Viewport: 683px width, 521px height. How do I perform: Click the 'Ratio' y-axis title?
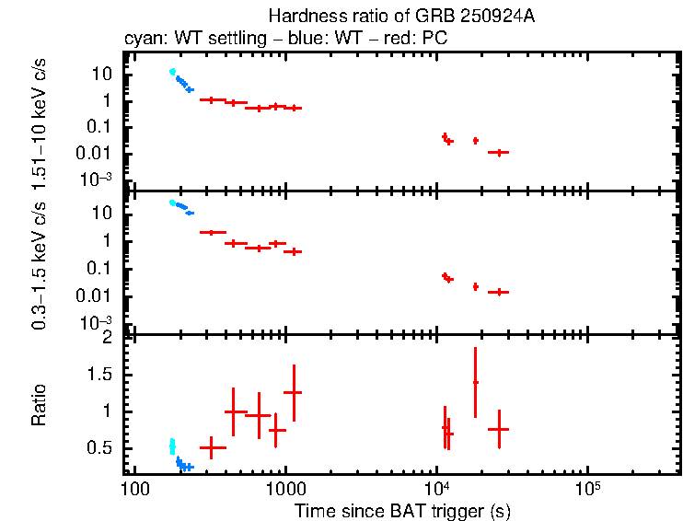click(39, 406)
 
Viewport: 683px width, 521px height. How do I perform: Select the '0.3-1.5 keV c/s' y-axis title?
click(39, 264)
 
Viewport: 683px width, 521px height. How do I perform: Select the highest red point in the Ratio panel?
click(475, 382)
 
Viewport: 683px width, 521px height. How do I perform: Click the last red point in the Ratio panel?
click(499, 429)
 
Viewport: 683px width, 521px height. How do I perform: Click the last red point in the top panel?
click(499, 152)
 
